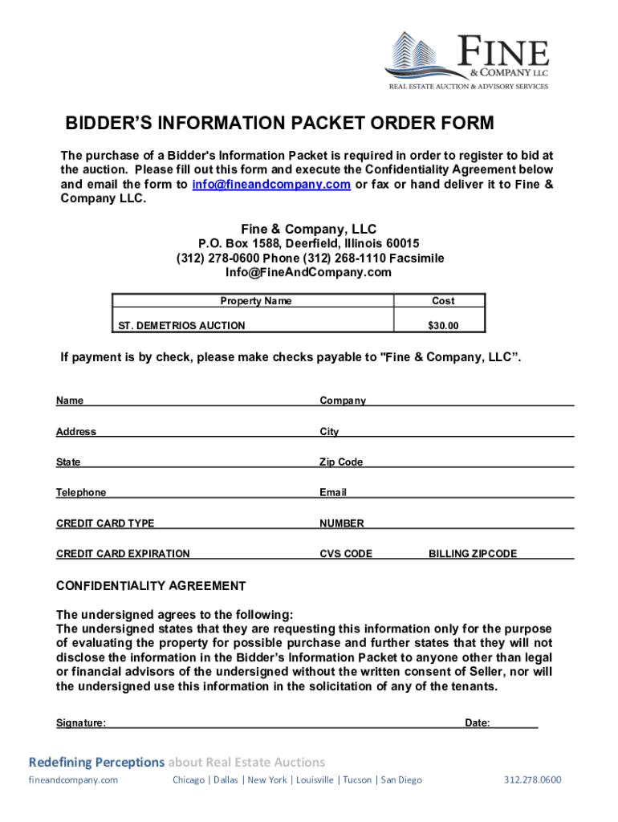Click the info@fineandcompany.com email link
click(271, 185)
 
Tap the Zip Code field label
click(341, 462)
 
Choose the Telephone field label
click(80, 493)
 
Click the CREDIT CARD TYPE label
click(105, 523)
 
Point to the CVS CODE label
click(346, 554)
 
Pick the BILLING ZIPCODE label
click(472, 554)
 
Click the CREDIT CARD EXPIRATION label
click(123, 554)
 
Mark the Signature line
click(281, 724)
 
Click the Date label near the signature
click(477, 723)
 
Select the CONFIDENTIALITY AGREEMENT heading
click(151, 586)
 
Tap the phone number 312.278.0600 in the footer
click(532, 780)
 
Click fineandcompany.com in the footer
click(73, 780)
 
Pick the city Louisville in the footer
click(315, 780)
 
